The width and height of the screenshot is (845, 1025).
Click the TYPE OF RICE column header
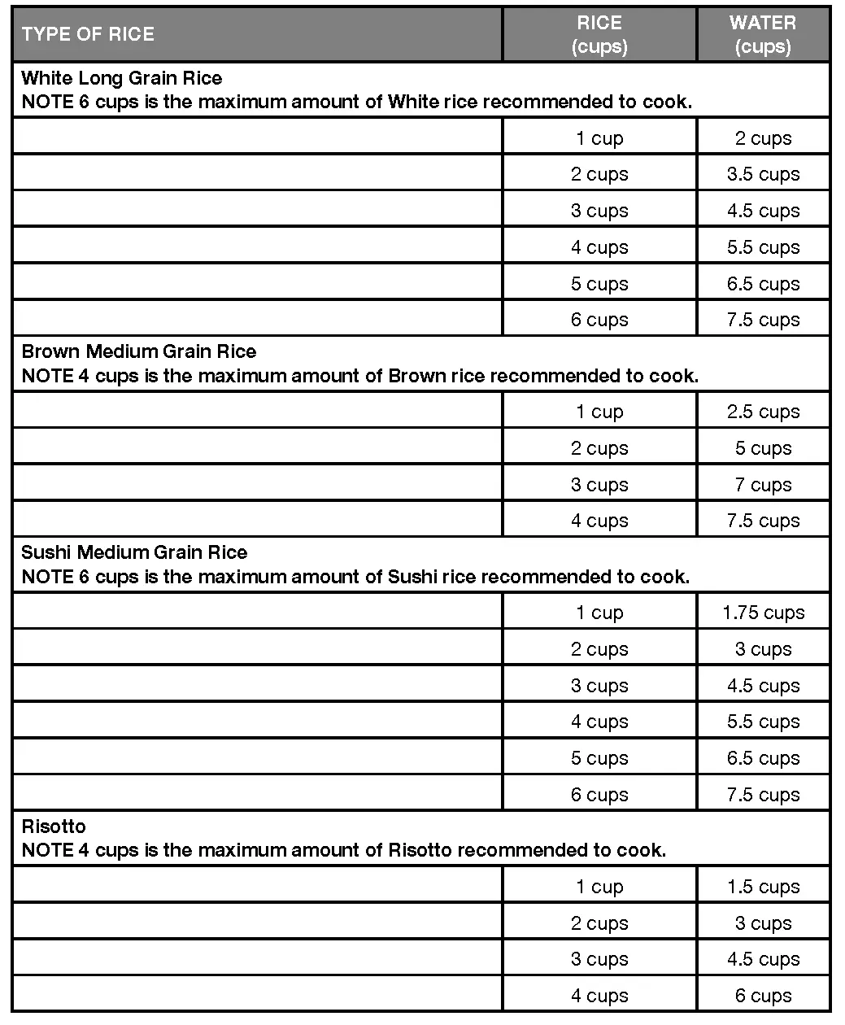pyautogui.click(x=88, y=34)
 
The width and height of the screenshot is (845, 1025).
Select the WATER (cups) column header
pyautogui.click(x=763, y=34)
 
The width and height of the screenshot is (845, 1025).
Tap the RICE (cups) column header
pyautogui.click(x=599, y=34)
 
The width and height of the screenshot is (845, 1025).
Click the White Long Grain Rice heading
pyautogui.click(x=122, y=78)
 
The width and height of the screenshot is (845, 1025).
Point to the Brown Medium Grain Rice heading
pyautogui.click(x=139, y=351)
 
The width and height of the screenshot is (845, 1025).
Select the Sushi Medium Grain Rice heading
pyautogui.click(x=134, y=552)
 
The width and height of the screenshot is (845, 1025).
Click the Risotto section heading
pyautogui.click(x=54, y=827)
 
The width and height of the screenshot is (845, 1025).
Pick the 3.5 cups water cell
pyautogui.click(x=763, y=174)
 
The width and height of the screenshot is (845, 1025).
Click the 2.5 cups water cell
pyautogui.click(x=763, y=412)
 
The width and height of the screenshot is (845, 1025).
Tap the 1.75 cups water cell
pyautogui.click(x=763, y=613)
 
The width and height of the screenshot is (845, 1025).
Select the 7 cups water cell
pyautogui.click(x=763, y=485)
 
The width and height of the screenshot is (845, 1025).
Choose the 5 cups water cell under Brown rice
pyautogui.click(x=763, y=448)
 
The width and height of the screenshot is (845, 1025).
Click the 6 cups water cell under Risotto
pyautogui.click(x=763, y=996)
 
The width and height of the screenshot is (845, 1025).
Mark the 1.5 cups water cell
pyautogui.click(x=763, y=887)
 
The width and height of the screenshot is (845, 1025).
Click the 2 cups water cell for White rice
pyautogui.click(x=763, y=138)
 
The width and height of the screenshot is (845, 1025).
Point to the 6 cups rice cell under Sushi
pyautogui.click(x=599, y=795)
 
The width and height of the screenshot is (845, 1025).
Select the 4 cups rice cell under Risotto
pyautogui.click(x=599, y=996)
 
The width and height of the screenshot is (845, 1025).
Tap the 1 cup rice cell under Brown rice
pyautogui.click(x=599, y=412)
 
